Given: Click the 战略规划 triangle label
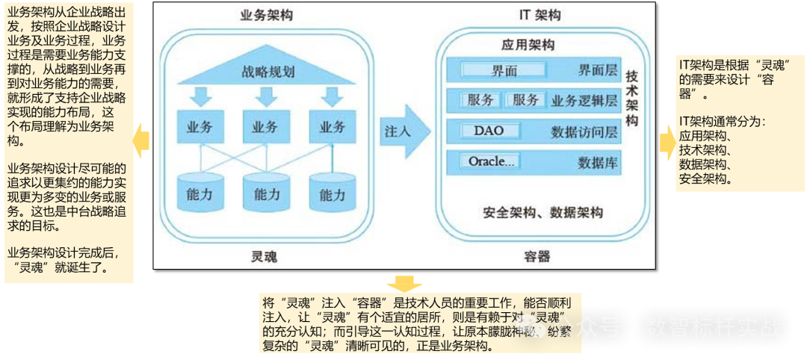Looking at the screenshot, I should pos(268,72).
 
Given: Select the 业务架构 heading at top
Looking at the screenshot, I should pos(267,16).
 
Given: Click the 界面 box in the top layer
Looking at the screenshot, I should pos(504,70).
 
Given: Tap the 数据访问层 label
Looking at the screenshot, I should pos(584,132).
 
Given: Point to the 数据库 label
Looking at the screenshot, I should pos(599,162).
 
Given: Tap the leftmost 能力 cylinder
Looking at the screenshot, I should pos(199,193).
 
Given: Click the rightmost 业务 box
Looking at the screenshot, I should pos(332,126).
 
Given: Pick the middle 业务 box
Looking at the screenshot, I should pos(266,126).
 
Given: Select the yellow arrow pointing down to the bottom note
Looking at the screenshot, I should pos(403,283).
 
